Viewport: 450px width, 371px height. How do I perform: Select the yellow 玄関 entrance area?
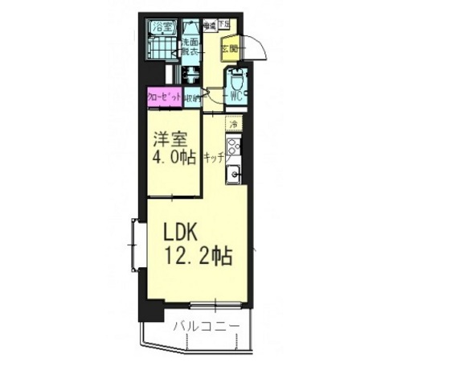[x=229, y=48]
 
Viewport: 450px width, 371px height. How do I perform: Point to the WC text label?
[x=235, y=97]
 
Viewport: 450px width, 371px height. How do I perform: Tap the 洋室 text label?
[x=170, y=138]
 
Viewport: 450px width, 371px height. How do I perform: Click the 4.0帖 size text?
[x=174, y=158]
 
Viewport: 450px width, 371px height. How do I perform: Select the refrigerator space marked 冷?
[x=233, y=124]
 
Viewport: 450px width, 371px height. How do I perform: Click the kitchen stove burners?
[x=233, y=147]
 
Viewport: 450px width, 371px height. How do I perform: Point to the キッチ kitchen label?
[x=213, y=159]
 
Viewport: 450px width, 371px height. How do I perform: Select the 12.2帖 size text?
[x=198, y=257]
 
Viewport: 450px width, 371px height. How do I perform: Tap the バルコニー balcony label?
[x=207, y=327]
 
